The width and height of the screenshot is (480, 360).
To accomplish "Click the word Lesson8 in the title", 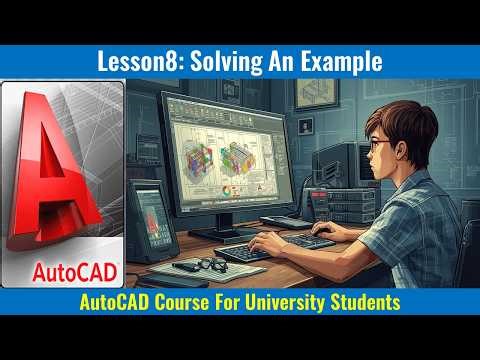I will coord(136,61).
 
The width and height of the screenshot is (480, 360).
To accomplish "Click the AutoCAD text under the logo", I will coord(62,269).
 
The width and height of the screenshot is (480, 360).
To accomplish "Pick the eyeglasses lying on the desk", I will coord(211,264).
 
